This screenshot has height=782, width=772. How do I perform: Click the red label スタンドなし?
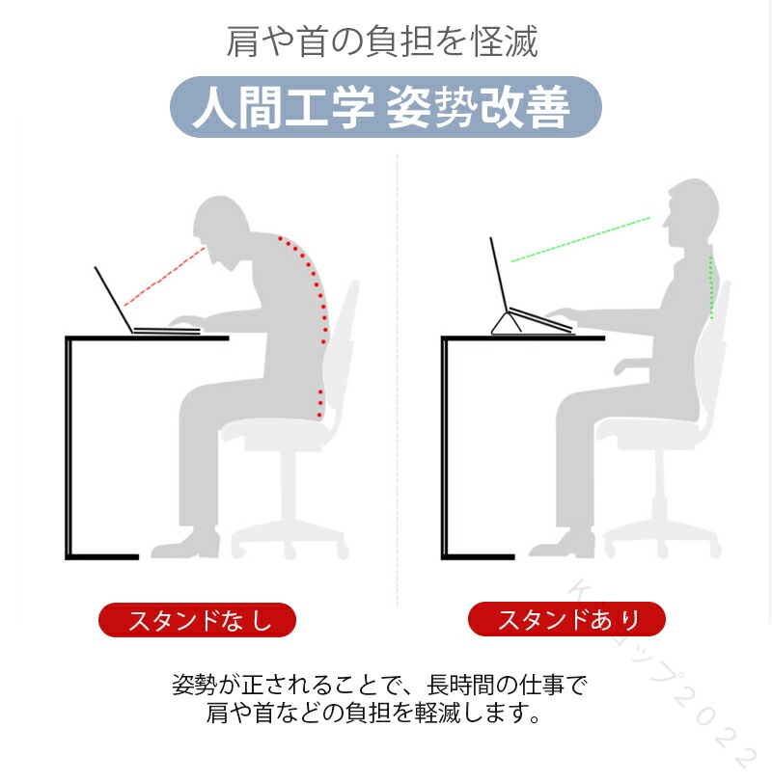tap(197, 620)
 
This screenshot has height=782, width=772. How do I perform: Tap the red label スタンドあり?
tap(566, 619)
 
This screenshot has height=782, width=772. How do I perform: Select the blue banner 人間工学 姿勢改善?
tap(385, 107)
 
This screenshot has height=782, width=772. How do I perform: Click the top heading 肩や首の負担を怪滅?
tap(382, 41)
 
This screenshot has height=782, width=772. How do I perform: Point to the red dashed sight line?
tap(165, 276)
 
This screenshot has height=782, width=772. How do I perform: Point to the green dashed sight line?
tap(581, 239)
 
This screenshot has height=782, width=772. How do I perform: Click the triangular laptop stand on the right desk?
tap(507, 323)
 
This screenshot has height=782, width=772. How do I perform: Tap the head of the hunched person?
tap(222, 229)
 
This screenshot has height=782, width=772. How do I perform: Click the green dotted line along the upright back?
tap(711, 287)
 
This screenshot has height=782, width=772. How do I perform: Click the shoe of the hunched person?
tap(185, 544)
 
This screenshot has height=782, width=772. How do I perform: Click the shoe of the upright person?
tap(563, 544)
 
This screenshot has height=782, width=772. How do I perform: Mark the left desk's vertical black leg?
tap(69, 447)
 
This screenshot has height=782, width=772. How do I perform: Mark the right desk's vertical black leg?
tap(444, 447)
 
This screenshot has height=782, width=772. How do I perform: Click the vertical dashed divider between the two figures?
tap(398, 380)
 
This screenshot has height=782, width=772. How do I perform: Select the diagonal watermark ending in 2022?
tap(661, 678)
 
